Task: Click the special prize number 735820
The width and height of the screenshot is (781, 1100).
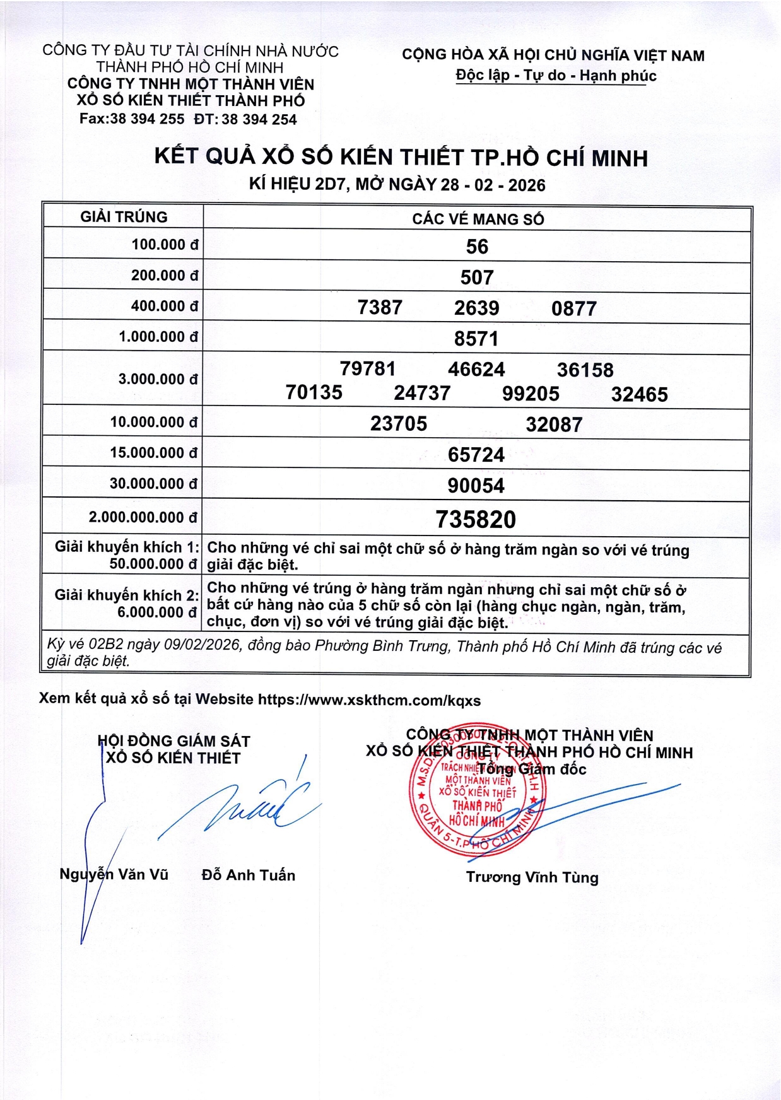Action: coord(476,520)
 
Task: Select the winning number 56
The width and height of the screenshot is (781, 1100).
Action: coord(477,247)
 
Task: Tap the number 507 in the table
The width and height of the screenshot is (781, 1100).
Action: coord(477,278)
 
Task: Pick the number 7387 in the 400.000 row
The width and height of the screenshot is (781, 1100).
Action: coord(380,308)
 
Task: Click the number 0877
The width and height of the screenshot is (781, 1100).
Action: coord(573,308)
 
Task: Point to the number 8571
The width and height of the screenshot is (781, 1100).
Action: coord(476,339)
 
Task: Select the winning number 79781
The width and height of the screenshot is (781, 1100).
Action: coord(368,368)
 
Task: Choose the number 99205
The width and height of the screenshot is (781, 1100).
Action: coord(531,394)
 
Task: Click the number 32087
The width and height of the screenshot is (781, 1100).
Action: coord(554,424)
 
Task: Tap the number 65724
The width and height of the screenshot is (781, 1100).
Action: coord(476,455)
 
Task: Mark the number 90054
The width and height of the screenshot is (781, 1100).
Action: coord(476,486)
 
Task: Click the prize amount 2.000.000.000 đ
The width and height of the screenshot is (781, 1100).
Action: coord(143,517)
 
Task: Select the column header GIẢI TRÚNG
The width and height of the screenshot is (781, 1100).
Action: coord(124,217)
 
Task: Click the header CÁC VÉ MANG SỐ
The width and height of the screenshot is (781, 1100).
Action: coord(478,219)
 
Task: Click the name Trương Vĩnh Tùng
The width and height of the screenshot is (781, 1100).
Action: coord(532,877)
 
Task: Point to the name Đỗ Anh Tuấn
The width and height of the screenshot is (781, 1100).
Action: coord(249,875)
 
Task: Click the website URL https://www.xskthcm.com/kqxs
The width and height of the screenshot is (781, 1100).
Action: coord(369,700)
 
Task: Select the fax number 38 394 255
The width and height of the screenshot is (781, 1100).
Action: coord(147,119)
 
